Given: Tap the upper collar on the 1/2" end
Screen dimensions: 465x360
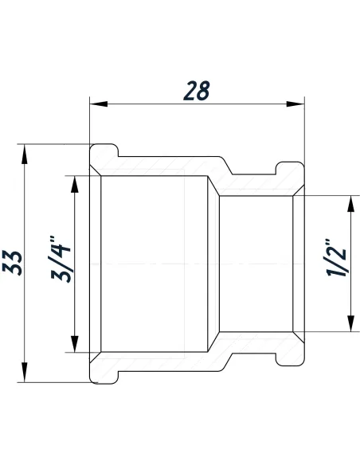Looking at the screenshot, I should (x=290, y=167).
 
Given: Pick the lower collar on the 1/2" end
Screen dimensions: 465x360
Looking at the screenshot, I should (x=290, y=361).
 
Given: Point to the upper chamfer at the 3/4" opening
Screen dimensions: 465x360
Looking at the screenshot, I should (x=96, y=175).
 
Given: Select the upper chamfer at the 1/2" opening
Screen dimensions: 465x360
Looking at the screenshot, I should (x=298, y=191).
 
